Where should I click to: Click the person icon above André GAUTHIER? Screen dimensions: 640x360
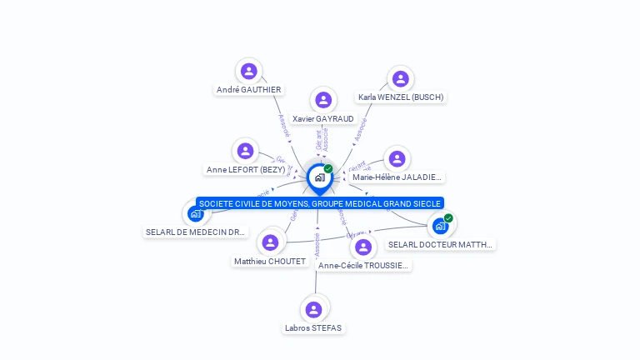(x=248, y=71)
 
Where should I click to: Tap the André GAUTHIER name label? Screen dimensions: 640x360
(x=248, y=89)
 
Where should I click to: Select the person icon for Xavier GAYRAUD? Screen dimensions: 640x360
(x=323, y=100)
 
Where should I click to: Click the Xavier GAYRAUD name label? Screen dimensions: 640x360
(x=323, y=119)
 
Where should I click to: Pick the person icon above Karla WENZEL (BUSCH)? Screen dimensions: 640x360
(x=401, y=78)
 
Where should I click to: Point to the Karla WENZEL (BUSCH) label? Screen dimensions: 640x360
(x=401, y=97)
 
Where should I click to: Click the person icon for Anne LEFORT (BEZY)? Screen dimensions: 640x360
(x=245, y=151)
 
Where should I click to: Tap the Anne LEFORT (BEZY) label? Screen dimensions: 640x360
(x=245, y=170)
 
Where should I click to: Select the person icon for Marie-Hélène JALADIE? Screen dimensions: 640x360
(x=397, y=158)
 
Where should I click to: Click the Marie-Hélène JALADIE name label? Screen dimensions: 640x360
(x=397, y=177)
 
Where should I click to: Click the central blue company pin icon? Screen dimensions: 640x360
(x=319, y=177)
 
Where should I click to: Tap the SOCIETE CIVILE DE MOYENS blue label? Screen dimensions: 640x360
(x=319, y=203)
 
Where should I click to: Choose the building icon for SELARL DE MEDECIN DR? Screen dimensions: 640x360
(x=196, y=213)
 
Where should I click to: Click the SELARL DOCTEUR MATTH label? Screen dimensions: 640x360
(x=441, y=244)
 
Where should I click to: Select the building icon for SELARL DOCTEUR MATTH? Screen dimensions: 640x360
(x=440, y=225)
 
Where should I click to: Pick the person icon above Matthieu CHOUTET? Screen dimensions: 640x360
(x=269, y=242)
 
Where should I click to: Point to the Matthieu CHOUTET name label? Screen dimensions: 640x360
(x=269, y=261)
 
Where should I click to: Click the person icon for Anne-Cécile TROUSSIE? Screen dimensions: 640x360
(x=363, y=247)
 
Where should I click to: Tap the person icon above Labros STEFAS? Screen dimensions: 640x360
(x=313, y=310)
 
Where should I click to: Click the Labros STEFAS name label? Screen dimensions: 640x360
(x=313, y=328)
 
